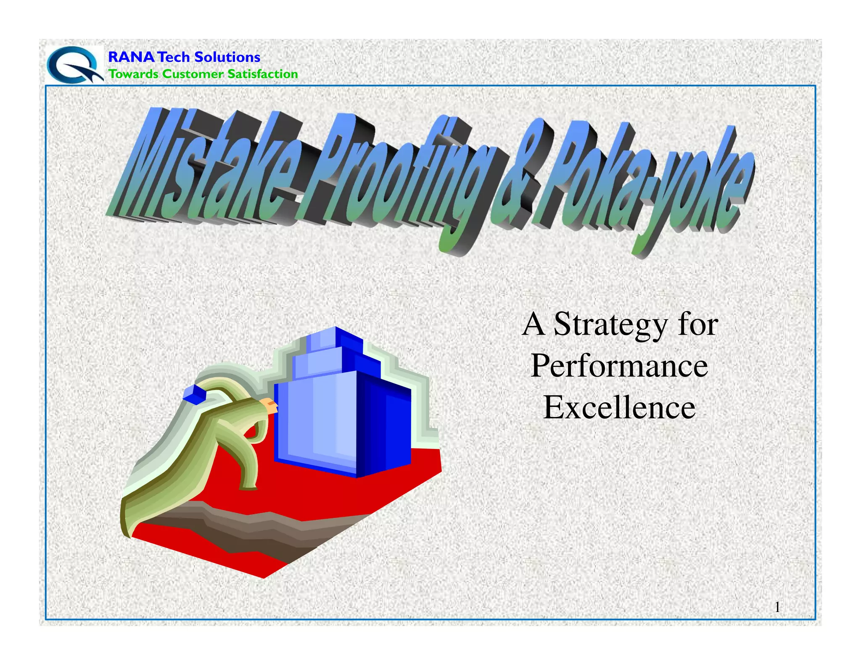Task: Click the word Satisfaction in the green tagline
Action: point(262,74)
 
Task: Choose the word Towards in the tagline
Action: point(134,74)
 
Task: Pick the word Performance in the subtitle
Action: point(619,366)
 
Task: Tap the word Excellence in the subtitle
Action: point(619,407)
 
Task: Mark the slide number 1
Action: point(777,607)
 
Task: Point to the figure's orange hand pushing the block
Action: point(269,404)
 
